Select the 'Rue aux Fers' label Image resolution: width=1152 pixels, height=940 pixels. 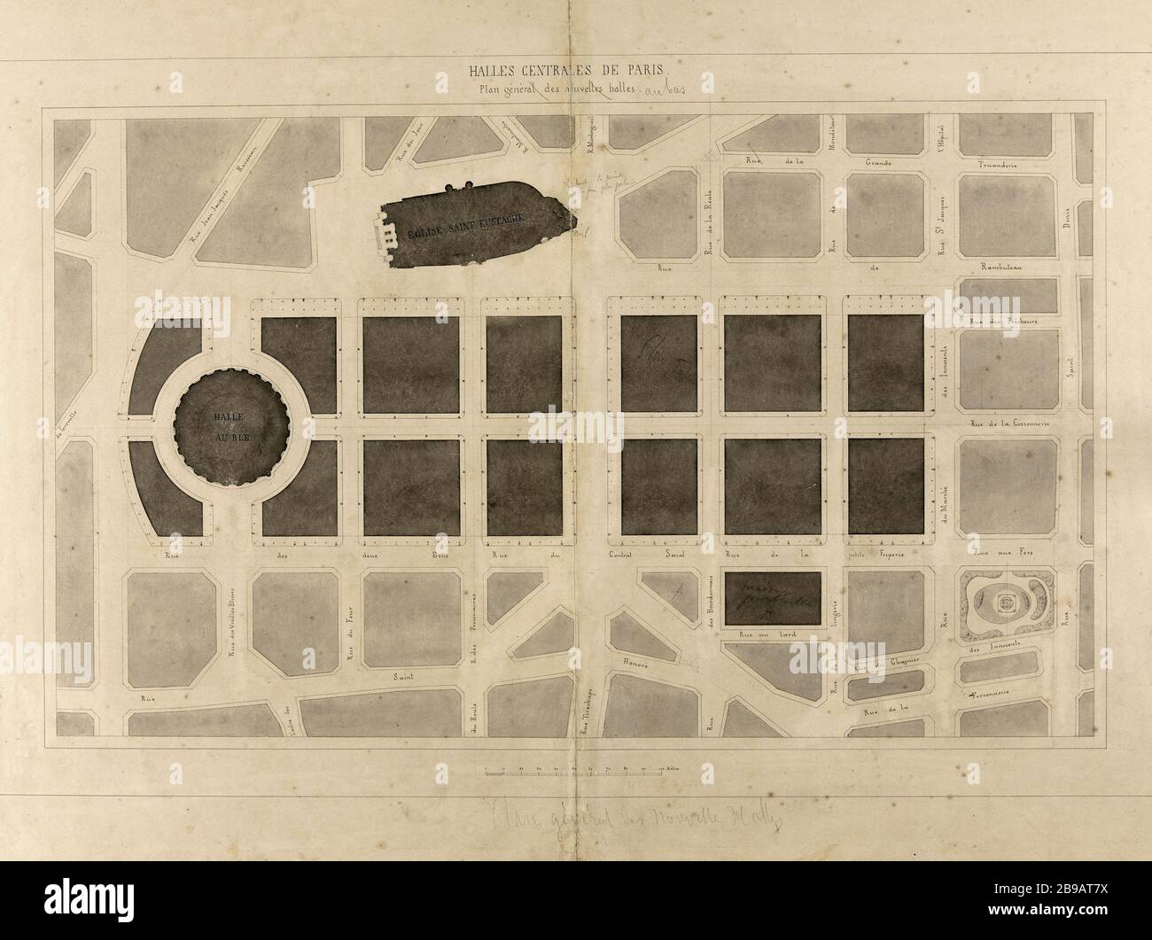point(998,554)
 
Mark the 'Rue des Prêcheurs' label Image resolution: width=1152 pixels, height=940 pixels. point(1003,322)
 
